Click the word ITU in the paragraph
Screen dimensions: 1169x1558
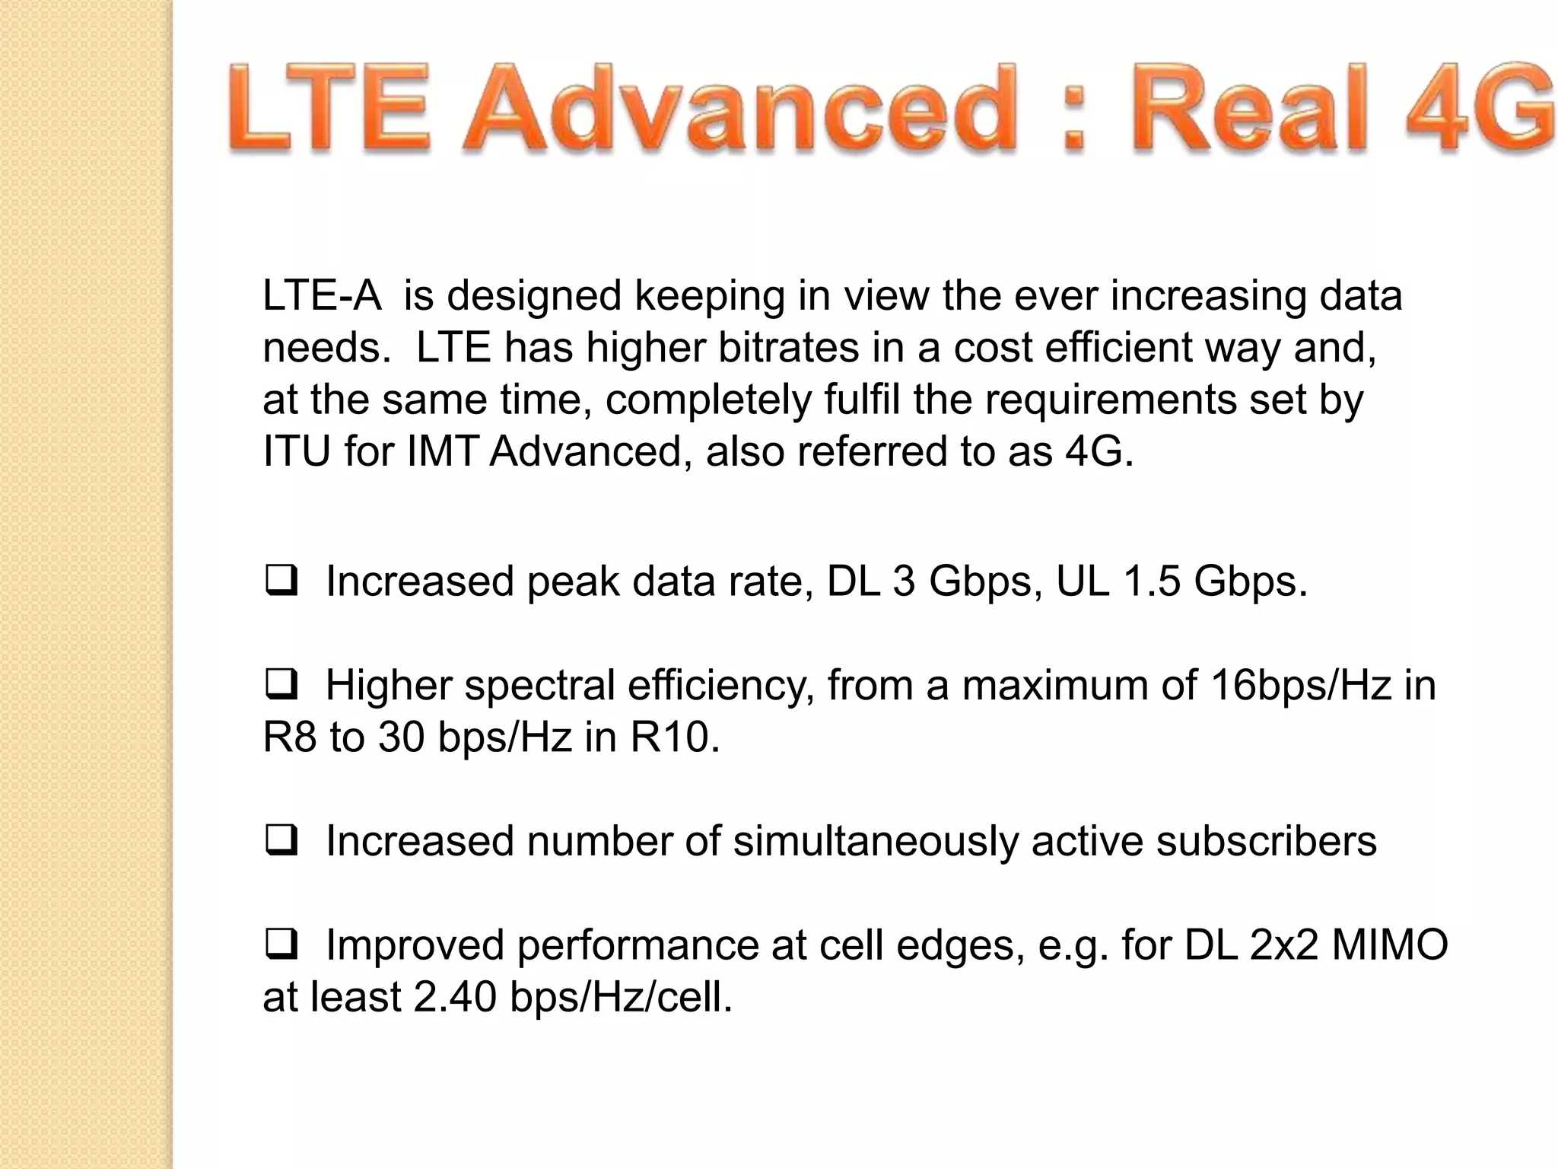(296, 451)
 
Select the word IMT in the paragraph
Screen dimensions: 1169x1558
(441, 451)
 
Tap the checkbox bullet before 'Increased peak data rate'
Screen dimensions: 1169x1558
(281, 583)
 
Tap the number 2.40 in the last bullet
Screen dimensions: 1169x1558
(455, 997)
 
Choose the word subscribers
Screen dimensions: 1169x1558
(1266, 841)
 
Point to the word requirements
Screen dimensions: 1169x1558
(1111, 400)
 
